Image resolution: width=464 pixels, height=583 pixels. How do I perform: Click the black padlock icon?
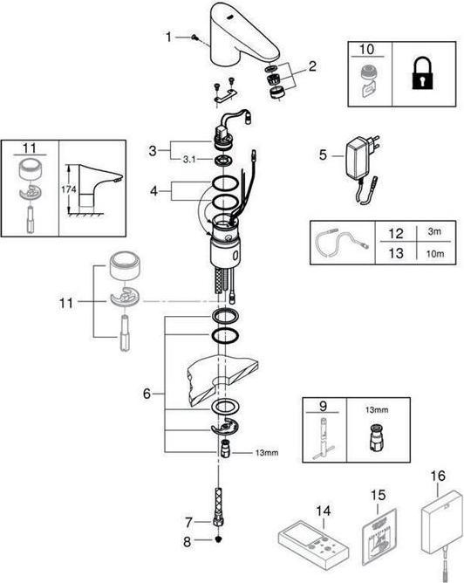coord(422,75)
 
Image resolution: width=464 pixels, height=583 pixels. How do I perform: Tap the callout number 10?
coord(366,49)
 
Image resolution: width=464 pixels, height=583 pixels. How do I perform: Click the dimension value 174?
coord(69,189)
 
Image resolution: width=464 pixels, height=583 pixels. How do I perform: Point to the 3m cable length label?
coord(434,231)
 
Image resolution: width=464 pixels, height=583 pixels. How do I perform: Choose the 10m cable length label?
coord(435,254)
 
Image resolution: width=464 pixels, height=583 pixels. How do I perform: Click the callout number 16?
coord(438,476)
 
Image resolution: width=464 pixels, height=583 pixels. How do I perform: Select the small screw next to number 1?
coord(194,38)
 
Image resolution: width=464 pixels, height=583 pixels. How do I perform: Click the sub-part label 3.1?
coord(189,160)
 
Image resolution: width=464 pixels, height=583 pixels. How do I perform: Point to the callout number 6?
coord(147,394)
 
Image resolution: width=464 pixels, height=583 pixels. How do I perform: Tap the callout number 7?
coord(188,523)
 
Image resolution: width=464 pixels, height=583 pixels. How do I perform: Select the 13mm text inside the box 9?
coord(377,409)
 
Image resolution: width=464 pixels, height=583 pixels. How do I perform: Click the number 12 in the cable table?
coord(396,233)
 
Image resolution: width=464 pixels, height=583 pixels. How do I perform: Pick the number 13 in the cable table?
coord(396,253)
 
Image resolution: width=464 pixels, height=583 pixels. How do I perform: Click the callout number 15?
coord(378,495)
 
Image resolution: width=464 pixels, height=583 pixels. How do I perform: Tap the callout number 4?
coord(154,191)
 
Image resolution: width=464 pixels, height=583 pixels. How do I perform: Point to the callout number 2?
coord(312,66)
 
